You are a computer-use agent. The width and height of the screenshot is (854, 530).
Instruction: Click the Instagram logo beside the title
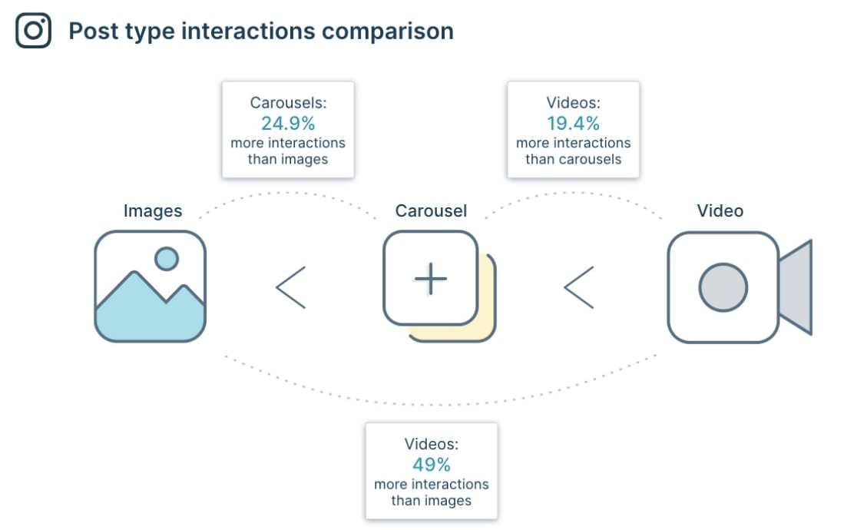point(33,31)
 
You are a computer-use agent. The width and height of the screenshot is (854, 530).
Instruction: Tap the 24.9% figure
point(288,123)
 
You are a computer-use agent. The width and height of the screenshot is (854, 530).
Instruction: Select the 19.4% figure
point(573,123)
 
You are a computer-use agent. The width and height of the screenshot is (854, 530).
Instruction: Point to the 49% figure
point(432,465)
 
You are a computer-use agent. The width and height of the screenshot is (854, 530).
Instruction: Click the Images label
point(153,210)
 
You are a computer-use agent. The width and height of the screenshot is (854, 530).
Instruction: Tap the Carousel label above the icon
point(431,210)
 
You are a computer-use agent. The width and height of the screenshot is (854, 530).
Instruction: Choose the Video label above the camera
point(720,210)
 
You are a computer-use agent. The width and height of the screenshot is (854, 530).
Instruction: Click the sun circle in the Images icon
point(166,258)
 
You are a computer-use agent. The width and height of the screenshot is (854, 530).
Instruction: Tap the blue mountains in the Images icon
point(150,315)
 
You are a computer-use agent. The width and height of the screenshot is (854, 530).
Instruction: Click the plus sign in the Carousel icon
point(430,278)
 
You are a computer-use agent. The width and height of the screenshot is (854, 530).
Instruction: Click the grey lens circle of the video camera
point(723,287)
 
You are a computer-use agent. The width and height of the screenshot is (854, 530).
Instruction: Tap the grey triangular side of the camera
point(796,287)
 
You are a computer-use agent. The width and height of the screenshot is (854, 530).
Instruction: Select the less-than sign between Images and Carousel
point(291,287)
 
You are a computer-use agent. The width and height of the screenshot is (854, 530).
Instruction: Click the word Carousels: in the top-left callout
point(288,102)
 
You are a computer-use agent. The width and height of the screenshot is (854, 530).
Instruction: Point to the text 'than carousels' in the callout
point(573,160)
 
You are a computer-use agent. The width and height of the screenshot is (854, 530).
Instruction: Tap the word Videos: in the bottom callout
point(432,444)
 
